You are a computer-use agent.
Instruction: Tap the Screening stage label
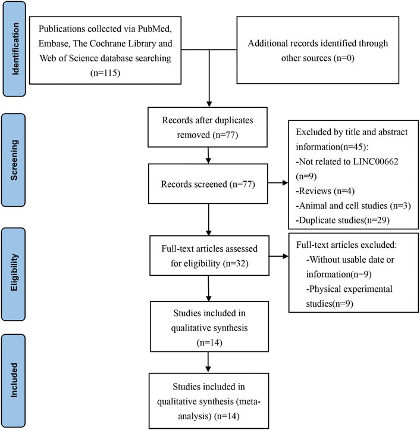[x=14, y=160]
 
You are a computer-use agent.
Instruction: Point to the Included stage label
[x=14, y=380]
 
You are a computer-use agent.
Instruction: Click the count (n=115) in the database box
[x=105, y=73]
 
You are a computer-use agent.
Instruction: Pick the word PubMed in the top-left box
[x=155, y=29]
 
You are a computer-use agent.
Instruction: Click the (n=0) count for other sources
[x=344, y=58]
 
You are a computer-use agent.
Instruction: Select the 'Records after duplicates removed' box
[x=208, y=127]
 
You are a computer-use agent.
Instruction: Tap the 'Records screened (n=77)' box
[x=208, y=184]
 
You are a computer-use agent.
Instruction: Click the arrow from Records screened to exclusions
[x=278, y=183]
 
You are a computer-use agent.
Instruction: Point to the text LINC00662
[x=375, y=161]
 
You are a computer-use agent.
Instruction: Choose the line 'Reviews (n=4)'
[x=325, y=191]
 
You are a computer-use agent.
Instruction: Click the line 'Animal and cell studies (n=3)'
[x=353, y=205]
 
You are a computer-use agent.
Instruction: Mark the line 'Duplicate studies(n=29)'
[x=343, y=220]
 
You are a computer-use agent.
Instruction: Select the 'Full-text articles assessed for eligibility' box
[x=209, y=255]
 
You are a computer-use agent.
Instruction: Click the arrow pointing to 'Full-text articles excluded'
[x=279, y=257]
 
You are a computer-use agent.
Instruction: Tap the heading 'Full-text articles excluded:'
[x=346, y=245]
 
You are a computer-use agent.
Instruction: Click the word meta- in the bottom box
[x=248, y=401]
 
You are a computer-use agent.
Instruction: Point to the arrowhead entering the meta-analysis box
[x=208, y=369]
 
